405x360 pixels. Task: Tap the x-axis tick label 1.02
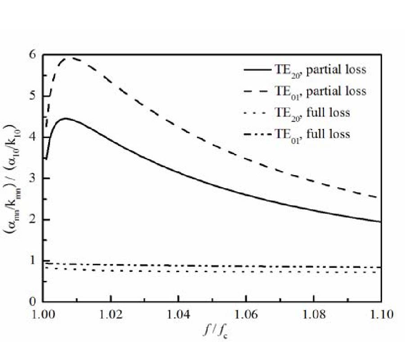[x=111, y=314]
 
